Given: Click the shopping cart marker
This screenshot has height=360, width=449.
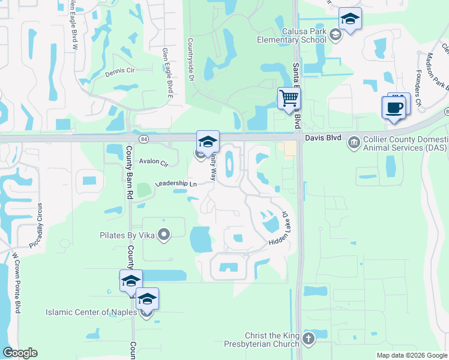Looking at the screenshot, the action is pyautogui.click(x=289, y=98).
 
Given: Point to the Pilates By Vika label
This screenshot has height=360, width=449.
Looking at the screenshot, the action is pyautogui.click(x=127, y=235).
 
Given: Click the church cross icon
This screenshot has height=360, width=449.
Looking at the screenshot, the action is pyautogui.click(x=309, y=339).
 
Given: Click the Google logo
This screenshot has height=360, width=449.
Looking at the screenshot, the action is pyautogui.click(x=20, y=353).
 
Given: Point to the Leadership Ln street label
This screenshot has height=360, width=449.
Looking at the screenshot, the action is pyautogui.click(x=176, y=184).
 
